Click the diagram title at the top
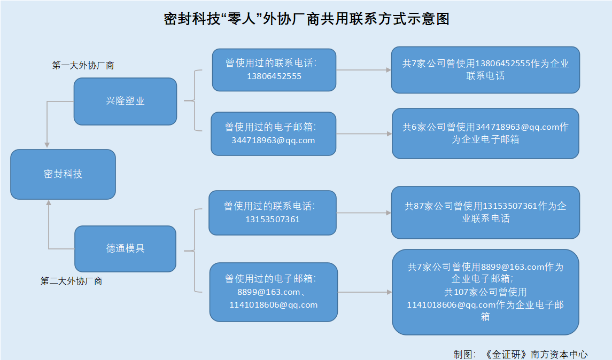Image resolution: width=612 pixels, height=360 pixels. [306, 19]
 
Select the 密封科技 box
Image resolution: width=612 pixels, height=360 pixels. [63, 174]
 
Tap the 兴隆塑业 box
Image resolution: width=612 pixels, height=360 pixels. [125, 101]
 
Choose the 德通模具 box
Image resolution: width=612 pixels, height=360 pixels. [125, 248]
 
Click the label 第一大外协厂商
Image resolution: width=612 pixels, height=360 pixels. [83, 66]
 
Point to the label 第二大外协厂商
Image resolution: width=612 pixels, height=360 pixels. [71, 281]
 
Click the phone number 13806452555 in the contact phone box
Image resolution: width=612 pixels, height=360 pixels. [274, 76]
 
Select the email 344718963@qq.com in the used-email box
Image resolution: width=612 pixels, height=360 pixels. [273, 140]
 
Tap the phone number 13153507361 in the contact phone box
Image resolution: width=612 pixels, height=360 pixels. [273, 220]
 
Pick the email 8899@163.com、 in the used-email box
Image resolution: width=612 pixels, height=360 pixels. [272, 292]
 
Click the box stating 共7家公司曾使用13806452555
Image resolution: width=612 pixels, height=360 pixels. [485, 70]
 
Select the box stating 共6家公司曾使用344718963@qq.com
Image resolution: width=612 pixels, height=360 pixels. [485, 134]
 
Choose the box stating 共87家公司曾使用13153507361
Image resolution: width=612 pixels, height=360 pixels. [485, 212]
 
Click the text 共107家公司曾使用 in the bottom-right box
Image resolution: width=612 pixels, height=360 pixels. [485, 292]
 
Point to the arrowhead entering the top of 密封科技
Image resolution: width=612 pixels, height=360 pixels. [48, 145]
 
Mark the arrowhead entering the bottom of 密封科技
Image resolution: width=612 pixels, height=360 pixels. [49, 203]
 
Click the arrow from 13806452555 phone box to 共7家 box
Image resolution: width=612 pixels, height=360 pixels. [363, 70]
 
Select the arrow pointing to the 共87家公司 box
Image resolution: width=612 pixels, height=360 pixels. [363, 213]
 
